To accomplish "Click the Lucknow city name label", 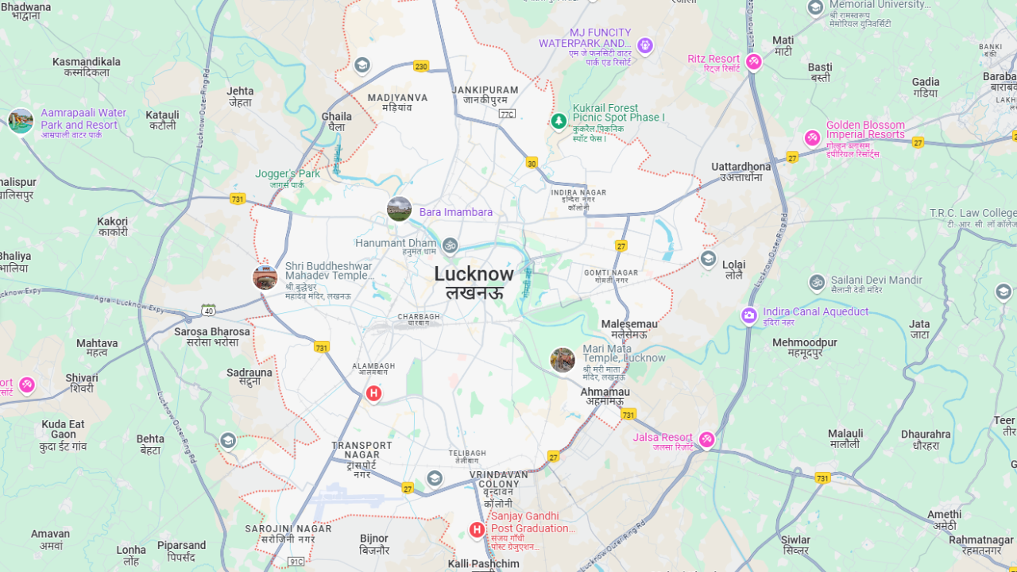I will click(x=474, y=274).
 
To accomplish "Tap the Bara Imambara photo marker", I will click(x=399, y=209).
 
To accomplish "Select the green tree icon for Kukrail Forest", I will click(x=559, y=121).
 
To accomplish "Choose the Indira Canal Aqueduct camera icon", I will click(x=749, y=316).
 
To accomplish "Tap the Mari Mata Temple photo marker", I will click(x=563, y=360).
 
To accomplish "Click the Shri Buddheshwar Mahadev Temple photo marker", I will click(x=265, y=277).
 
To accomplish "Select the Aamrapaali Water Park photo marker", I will click(x=21, y=121).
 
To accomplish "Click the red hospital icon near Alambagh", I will click(x=373, y=392).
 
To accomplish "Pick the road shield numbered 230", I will click(x=421, y=67).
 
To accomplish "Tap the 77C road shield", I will click(x=507, y=114).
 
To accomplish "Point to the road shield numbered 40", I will click(x=208, y=310).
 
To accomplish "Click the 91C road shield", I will click(x=296, y=562).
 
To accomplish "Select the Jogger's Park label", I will click(x=288, y=174).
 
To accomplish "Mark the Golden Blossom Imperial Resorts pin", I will click(x=812, y=137).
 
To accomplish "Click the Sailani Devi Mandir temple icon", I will click(x=817, y=282).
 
